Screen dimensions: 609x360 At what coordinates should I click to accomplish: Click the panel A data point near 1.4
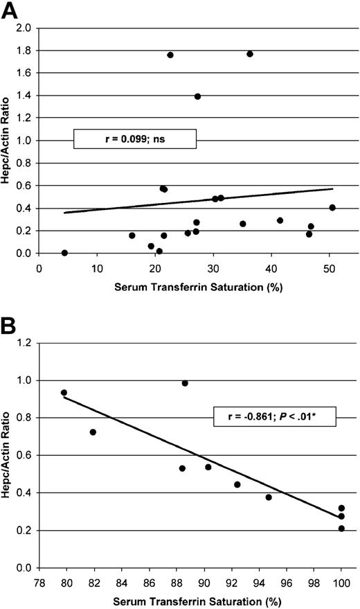(x=197, y=96)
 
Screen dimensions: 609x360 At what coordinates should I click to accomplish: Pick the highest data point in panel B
(x=185, y=383)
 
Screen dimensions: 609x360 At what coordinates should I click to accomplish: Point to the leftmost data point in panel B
(x=64, y=393)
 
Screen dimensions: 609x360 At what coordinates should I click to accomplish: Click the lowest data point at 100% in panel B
(x=341, y=529)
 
